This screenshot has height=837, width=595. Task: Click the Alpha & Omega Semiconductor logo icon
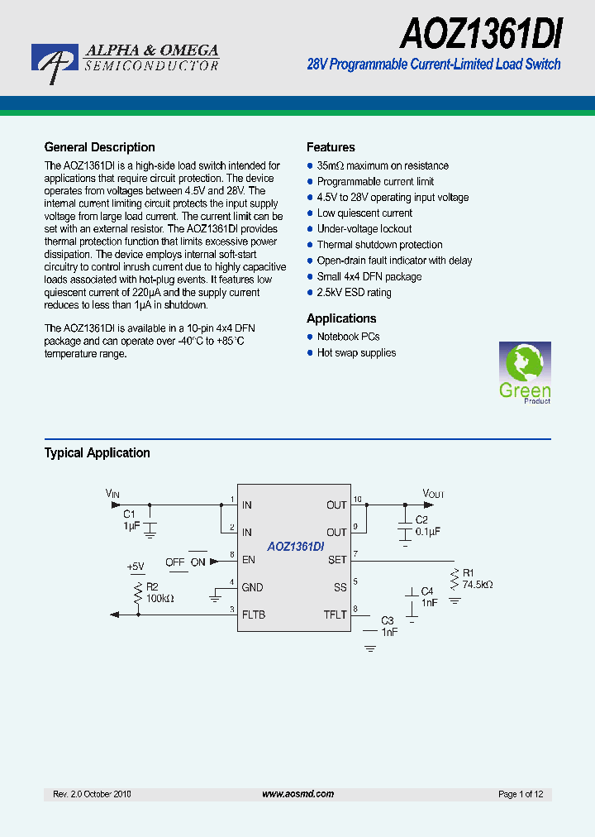54,64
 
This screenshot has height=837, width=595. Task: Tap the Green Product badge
525,372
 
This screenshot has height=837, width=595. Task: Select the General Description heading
99,147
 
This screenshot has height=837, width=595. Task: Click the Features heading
331,147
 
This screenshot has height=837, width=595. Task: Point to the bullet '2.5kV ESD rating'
354,293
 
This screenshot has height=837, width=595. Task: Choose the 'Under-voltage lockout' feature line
364,229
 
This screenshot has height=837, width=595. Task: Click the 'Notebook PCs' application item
348,337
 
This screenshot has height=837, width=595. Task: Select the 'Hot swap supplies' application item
356,353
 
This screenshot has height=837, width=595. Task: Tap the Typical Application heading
97,453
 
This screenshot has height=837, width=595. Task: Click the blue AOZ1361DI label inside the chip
295,547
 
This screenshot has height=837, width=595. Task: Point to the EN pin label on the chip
248,560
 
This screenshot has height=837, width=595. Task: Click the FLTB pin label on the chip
254,615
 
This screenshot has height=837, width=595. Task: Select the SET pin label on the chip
337,560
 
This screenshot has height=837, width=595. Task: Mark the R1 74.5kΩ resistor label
477,579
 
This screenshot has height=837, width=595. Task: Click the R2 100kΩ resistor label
159,592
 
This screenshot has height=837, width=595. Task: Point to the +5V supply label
135,567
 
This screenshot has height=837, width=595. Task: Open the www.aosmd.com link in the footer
297,794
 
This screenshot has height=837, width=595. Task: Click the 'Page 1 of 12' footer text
521,794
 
